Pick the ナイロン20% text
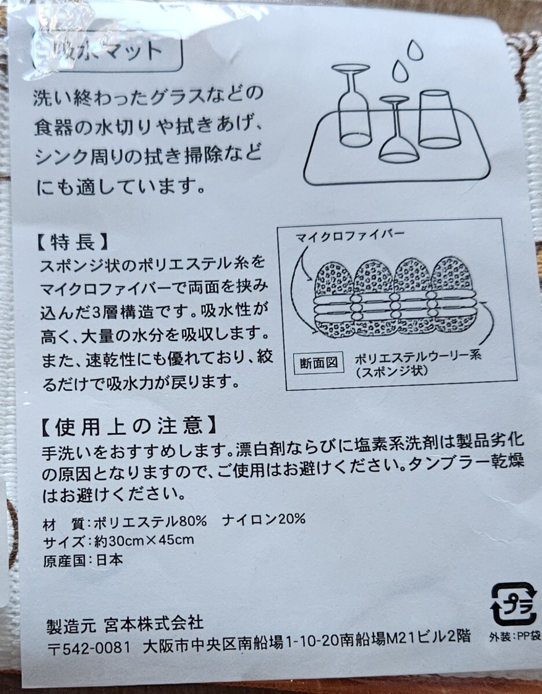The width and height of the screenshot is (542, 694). pyautogui.click(x=263, y=519)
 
